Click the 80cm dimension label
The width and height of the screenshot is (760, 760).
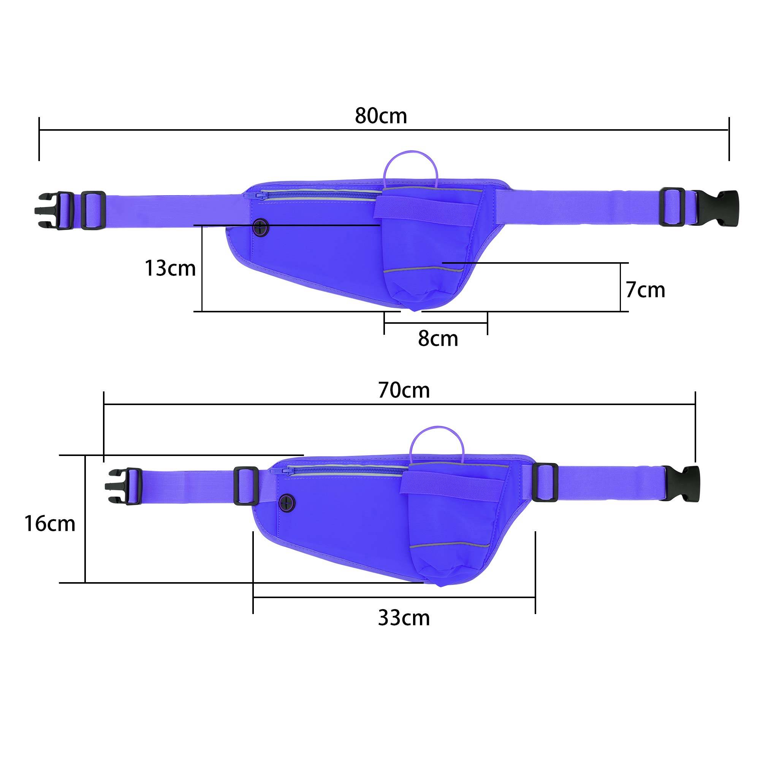coord(381,116)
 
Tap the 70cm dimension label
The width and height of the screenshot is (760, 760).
coord(404,390)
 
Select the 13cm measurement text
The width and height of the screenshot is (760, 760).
coord(170,268)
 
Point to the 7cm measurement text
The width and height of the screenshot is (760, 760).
coord(645,290)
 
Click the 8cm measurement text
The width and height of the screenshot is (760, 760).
coord(438,339)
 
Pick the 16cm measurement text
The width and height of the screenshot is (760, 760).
coord(49,524)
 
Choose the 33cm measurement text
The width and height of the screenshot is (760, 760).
coord(404,617)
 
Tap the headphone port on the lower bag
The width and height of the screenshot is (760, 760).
coord(288,502)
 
